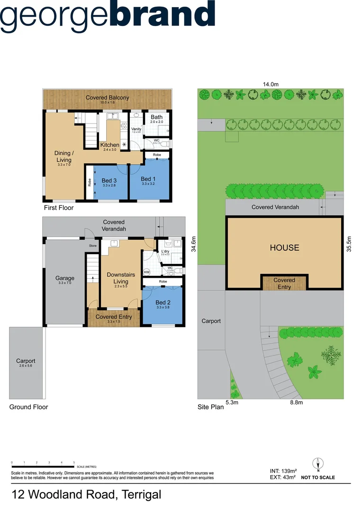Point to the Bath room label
coord(156,117)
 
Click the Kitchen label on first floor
coord(110,145)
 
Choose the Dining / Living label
coord(64,157)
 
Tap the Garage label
coord(66,278)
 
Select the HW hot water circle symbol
coord(147,273)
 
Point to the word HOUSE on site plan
coord(284,247)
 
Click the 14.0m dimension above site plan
coord(271,84)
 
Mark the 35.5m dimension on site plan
coord(349,245)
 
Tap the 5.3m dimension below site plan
coord(232,403)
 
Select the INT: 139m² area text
coord(282,471)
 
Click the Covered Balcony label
coord(107,97)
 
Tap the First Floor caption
coord(59,208)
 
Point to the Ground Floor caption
coord(29,407)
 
